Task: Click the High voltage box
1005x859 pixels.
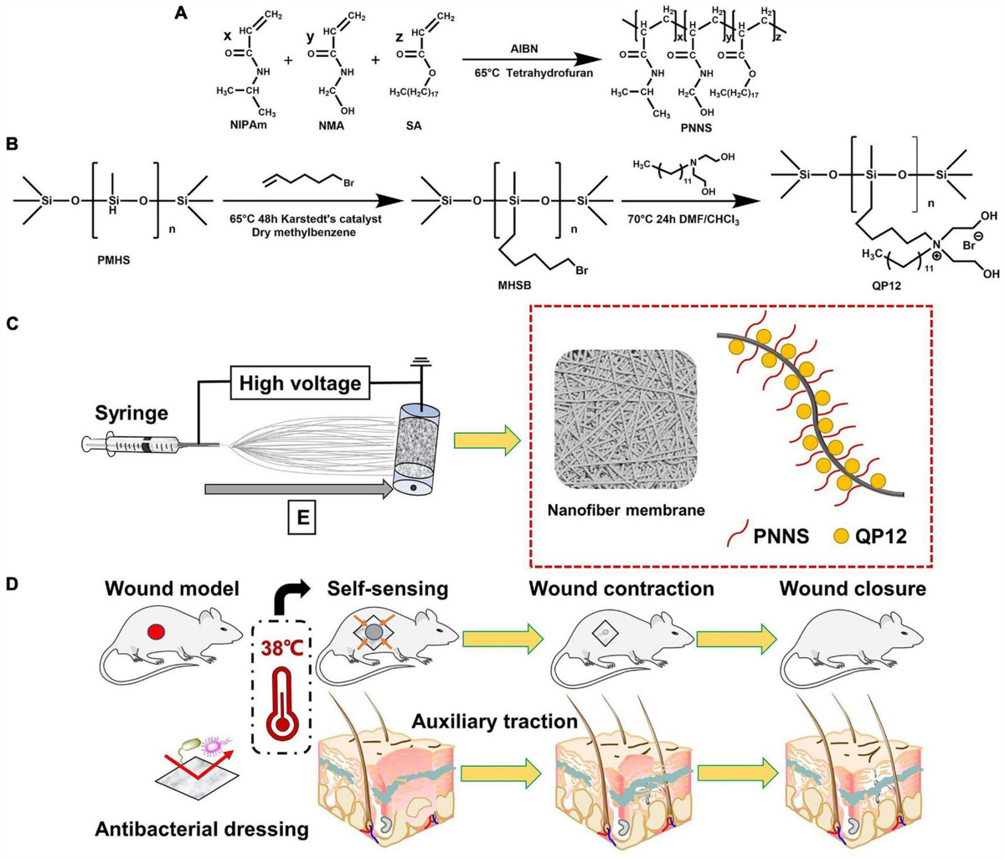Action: pyautogui.click(x=301, y=383)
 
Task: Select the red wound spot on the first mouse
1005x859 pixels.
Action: pyautogui.click(x=156, y=629)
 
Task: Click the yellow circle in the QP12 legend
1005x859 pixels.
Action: pyautogui.click(x=841, y=535)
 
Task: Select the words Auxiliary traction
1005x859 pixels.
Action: pyautogui.click(x=494, y=720)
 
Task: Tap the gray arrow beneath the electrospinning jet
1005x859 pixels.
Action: pyautogui.click(x=297, y=487)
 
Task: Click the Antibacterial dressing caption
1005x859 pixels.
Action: pyautogui.click(x=201, y=829)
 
